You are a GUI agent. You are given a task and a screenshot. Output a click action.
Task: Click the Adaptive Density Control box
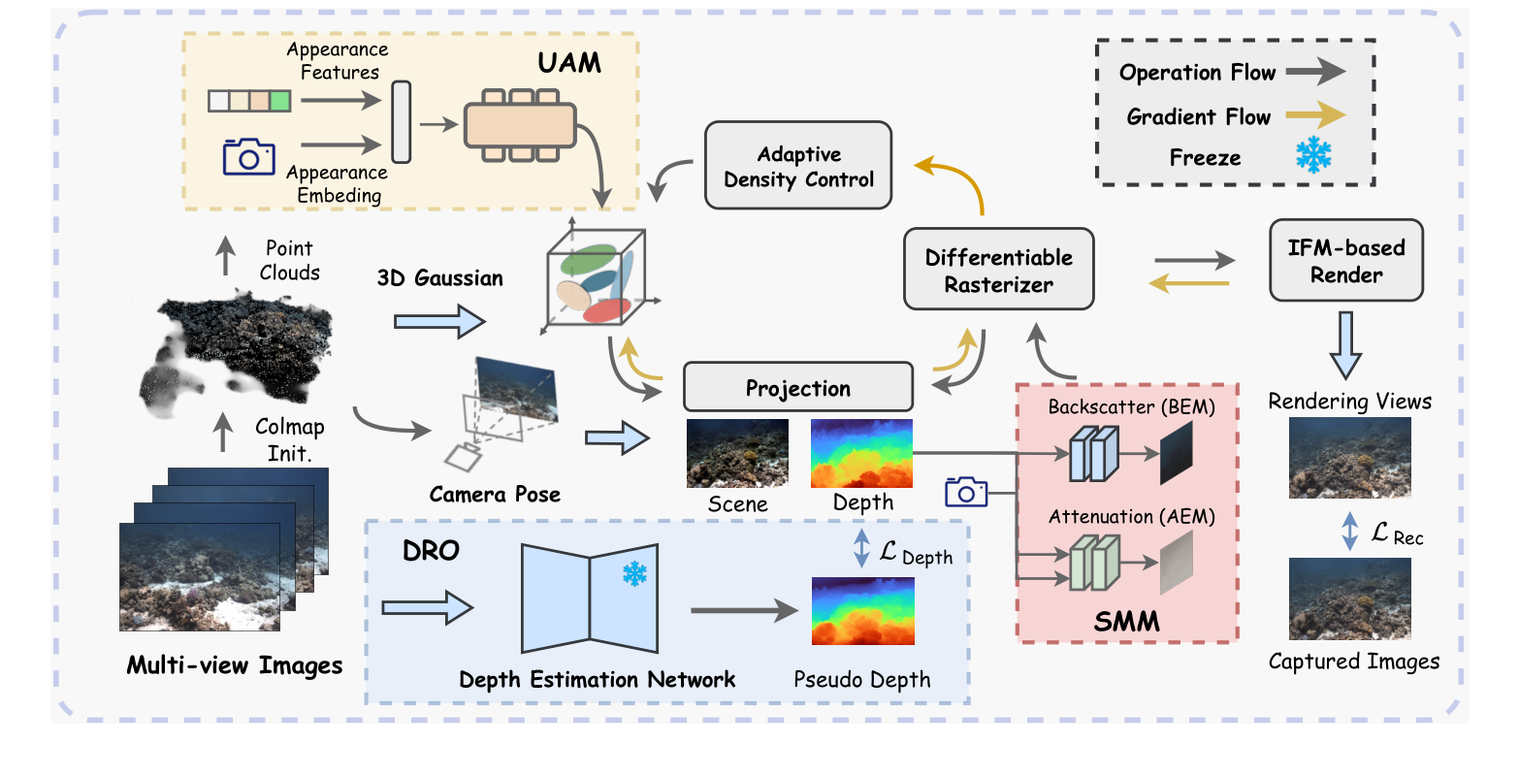(798, 166)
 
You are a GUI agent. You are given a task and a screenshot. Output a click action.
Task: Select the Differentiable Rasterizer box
(998, 270)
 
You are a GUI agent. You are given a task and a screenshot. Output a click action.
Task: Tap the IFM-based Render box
(1345, 260)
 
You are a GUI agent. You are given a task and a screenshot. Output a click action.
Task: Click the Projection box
(797, 388)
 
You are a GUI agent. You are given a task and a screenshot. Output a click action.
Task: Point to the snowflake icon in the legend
(1313, 156)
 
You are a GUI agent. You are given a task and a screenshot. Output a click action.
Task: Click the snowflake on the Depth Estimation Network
(634, 574)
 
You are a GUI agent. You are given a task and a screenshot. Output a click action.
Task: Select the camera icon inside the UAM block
(248, 156)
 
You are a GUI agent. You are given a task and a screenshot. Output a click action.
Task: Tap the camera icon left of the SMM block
(965, 492)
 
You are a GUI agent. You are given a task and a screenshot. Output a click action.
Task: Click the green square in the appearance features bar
(280, 101)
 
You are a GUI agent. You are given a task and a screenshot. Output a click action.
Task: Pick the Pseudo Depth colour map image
(862, 611)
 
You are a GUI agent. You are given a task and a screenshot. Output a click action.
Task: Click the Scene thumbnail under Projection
(737, 453)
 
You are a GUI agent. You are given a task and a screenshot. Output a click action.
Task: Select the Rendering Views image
(1349, 458)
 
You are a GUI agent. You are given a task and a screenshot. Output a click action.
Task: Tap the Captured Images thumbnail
(1349, 599)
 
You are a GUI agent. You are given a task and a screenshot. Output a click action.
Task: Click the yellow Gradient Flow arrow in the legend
(1315, 116)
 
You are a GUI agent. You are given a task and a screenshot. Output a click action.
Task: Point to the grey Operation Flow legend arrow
(1315, 73)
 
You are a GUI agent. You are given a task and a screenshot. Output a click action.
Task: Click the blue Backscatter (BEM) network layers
(1094, 453)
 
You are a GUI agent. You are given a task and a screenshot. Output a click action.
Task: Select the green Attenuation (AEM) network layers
(1094, 563)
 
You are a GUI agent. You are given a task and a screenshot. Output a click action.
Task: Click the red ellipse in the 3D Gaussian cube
(607, 310)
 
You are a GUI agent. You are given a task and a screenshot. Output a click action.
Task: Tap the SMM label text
(1126, 621)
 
